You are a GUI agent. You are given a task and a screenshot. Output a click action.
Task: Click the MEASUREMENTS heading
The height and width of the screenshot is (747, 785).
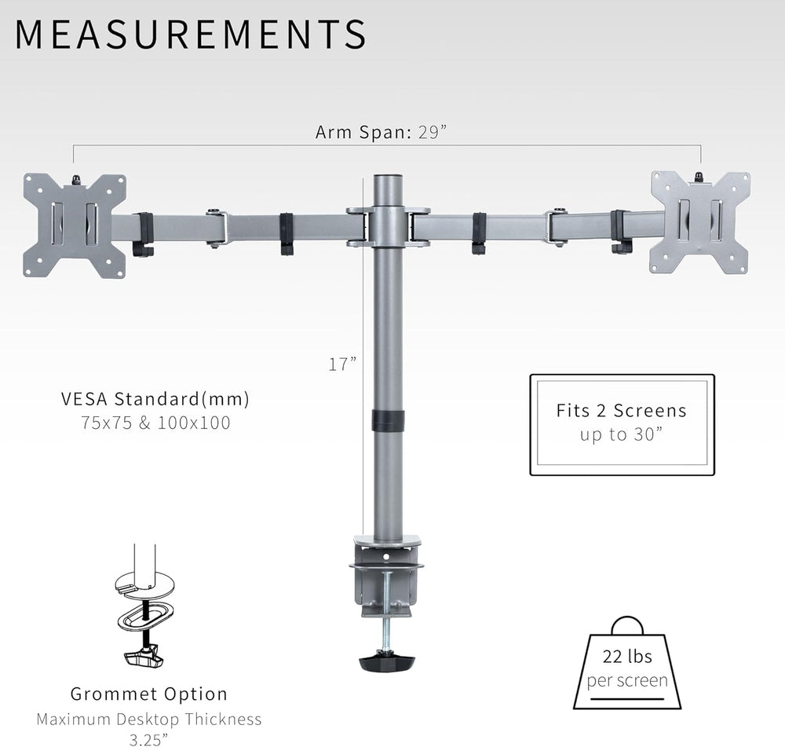[191, 35]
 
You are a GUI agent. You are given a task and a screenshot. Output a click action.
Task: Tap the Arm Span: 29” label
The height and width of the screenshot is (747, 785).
[381, 132]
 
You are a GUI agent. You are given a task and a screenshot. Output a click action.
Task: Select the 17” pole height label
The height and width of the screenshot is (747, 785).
[342, 364]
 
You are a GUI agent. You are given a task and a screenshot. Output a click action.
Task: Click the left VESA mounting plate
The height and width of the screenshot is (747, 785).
[75, 225]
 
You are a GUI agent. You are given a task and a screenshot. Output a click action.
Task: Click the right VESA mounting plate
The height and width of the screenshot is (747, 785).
[699, 222]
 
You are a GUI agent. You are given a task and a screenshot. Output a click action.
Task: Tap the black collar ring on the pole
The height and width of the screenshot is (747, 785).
[387, 419]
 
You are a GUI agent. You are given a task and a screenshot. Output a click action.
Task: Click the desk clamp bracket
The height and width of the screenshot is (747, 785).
[387, 577]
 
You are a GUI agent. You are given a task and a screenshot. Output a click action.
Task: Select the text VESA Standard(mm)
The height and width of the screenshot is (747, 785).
[155, 399]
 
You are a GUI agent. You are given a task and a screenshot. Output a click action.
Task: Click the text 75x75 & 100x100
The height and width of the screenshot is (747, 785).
[155, 423]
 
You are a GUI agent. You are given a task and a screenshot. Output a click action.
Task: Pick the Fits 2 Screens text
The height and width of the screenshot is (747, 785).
[621, 410]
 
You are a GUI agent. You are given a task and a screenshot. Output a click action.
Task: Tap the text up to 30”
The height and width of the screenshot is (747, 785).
[621, 434]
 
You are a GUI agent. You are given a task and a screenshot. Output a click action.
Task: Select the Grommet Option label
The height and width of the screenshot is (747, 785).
[149, 694]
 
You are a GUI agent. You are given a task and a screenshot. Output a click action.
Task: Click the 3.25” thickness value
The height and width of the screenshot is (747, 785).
[149, 738]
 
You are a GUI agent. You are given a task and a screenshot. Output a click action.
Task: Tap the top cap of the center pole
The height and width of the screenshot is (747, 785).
[387, 180]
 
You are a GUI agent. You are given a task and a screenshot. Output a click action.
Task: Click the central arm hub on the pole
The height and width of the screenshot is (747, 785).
[387, 226]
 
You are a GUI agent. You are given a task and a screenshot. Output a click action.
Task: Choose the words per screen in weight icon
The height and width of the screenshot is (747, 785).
[627, 680]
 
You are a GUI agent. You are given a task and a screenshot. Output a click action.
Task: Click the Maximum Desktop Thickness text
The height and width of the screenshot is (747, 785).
[149, 719]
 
